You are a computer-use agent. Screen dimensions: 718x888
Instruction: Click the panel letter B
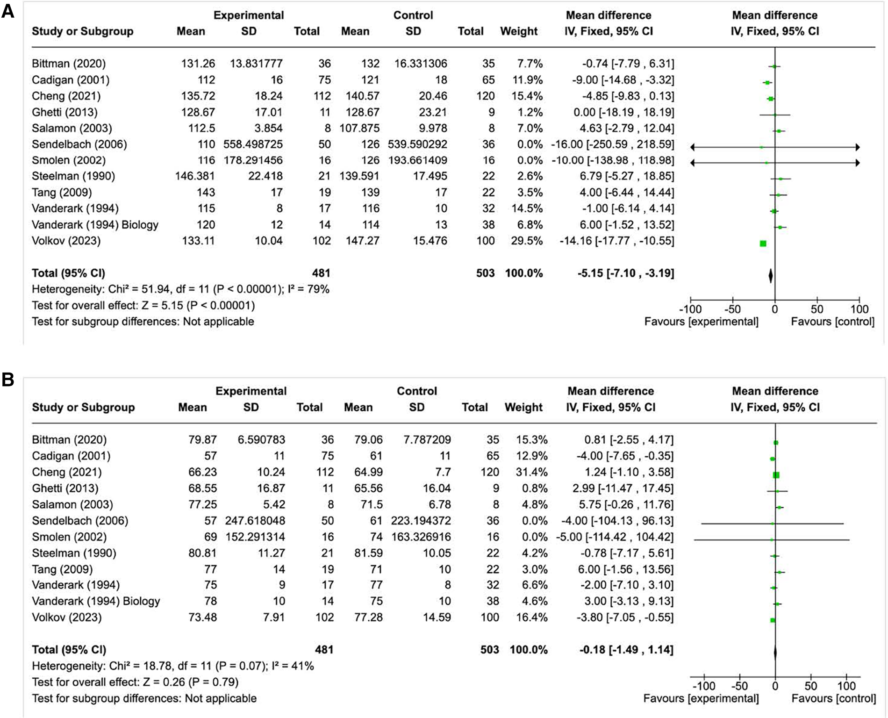(x=8, y=380)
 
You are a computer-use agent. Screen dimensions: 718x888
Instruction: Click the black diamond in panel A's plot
(x=771, y=276)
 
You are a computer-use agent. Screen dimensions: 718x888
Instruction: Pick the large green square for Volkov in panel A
(x=763, y=244)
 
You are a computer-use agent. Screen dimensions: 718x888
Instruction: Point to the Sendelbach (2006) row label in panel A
(x=79, y=144)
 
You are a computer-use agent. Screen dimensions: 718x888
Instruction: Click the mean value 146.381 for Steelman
(x=196, y=176)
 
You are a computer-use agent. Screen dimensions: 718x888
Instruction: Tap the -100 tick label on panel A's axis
(x=691, y=309)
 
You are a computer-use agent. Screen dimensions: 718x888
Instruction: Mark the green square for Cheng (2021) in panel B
(x=776, y=475)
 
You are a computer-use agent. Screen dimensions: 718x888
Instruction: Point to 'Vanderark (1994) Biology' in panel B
(x=96, y=601)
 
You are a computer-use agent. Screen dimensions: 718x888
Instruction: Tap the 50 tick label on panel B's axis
(x=810, y=686)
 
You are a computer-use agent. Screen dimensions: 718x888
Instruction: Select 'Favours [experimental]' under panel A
(x=701, y=322)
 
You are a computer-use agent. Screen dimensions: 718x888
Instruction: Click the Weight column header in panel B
(x=523, y=407)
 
